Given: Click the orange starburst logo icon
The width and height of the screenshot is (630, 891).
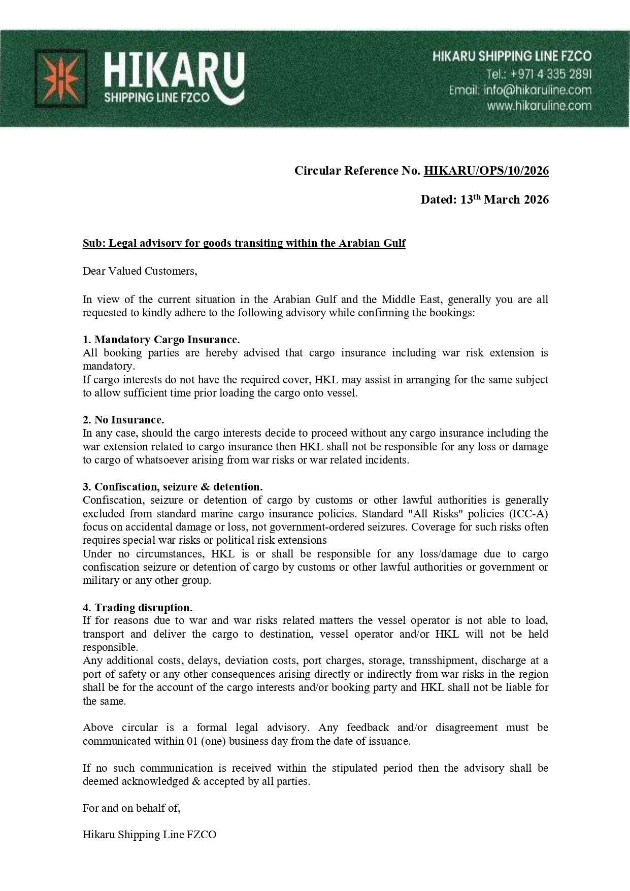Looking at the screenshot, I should pos(60,79).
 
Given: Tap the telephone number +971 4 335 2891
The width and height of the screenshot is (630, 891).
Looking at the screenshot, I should pos(539,74).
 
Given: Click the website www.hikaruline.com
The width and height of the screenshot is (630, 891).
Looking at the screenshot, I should pos(539,106).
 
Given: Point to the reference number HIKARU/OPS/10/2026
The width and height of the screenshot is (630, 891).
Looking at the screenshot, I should pos(486,171).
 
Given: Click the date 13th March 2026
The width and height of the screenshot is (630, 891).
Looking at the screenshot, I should pos(504,200).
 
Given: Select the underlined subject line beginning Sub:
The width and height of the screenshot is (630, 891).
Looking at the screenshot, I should pos(244,243).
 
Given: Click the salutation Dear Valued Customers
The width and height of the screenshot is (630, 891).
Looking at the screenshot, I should pos(140,271).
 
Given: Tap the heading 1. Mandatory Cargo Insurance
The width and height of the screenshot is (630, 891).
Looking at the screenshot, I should pos(161,339).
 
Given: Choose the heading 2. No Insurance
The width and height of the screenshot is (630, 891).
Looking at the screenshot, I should pos(123,420).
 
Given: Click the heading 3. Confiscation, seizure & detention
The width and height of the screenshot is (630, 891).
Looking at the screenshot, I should pos(173,487).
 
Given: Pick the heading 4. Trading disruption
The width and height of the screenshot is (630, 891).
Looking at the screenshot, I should pos(138,608).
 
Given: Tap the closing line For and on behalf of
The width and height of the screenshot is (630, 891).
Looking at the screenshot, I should pos(131,808).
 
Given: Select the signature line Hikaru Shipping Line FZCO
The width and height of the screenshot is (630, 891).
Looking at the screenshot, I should pos(150,835).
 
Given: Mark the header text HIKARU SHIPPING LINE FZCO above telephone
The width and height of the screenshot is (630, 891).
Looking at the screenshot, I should pos(512,57).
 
